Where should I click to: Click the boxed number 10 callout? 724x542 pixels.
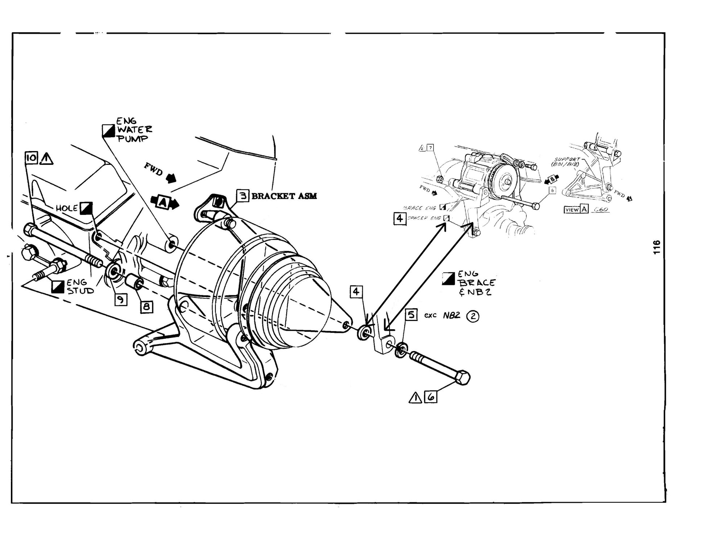32,158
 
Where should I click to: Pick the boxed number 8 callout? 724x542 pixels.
146,306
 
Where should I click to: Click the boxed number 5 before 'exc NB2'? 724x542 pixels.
411,314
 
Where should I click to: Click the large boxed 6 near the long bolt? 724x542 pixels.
431,398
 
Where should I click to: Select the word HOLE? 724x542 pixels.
67,208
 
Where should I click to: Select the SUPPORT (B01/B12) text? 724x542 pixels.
568,162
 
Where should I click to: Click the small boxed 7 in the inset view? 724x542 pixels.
430,148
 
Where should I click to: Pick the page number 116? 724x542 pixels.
656,248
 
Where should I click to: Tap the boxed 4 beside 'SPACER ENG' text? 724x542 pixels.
399,219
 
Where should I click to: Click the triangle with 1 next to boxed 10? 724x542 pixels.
46,159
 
